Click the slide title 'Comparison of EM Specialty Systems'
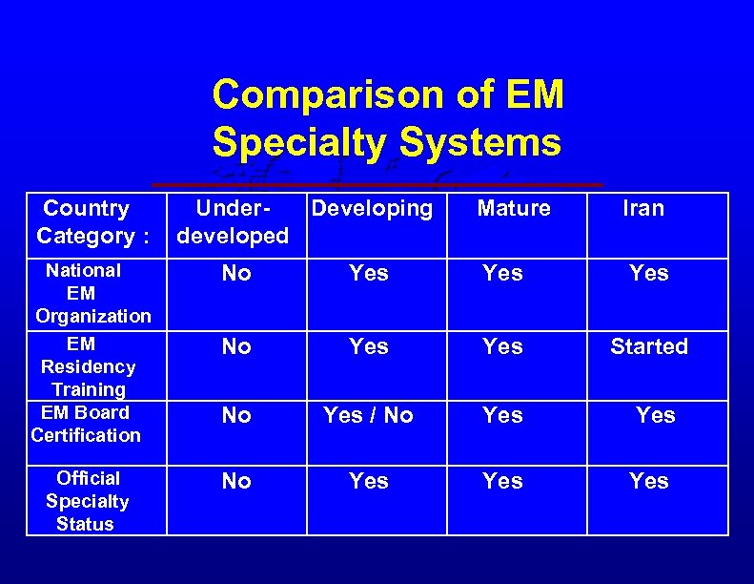387,118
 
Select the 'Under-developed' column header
234,222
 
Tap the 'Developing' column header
372,209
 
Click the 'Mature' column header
514,209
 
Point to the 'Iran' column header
643,209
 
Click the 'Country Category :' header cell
86,222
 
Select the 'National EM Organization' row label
92,293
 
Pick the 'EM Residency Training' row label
88,365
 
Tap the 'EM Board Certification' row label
86,424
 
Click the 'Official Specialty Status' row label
87,501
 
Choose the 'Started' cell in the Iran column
649,346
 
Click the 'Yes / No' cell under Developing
368,415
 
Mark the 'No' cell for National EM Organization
236,274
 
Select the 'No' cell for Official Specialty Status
236,482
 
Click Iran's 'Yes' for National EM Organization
649,274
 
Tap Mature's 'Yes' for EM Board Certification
502,415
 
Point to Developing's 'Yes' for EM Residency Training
368,346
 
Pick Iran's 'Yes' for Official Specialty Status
649,482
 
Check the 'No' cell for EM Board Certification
236,415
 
